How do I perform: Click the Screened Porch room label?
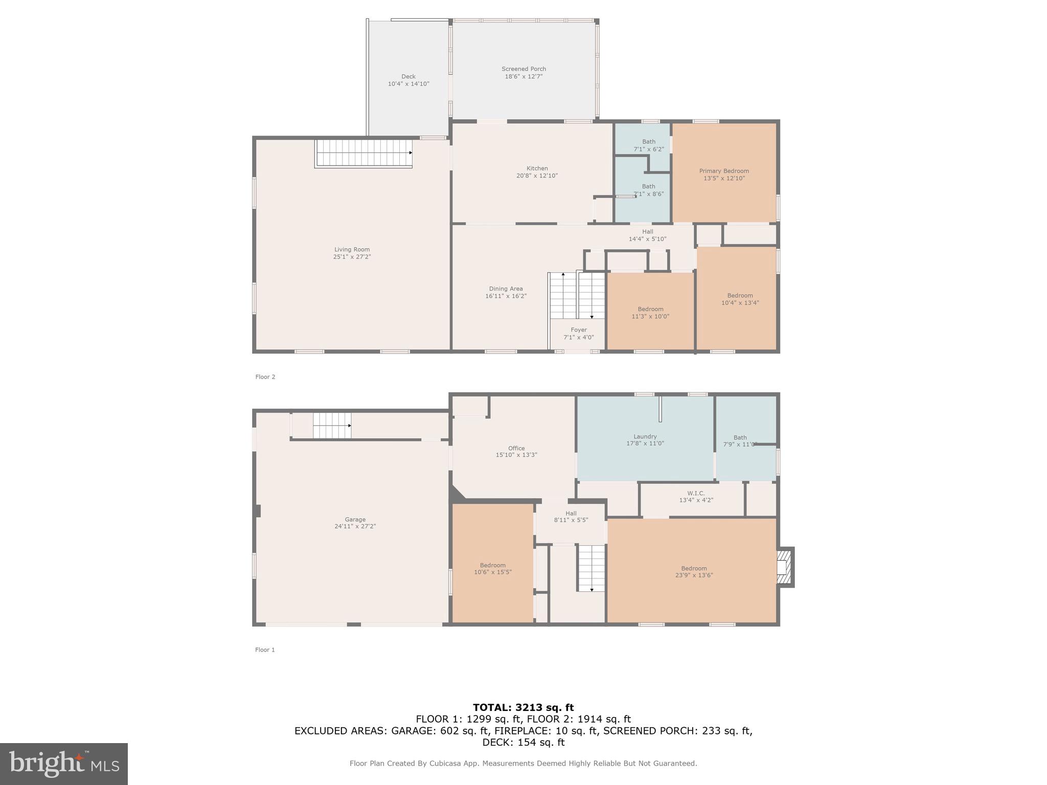pos(523,69)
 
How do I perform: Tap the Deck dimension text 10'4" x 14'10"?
pos(408,84)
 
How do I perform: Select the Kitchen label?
pos(537,168)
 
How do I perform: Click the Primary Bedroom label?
pos(724,171)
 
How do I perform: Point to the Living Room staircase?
pos(363,153)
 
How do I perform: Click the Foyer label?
pos(579,330)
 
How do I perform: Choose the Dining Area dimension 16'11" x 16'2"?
pos(506,296)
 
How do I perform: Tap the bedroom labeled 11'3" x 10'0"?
pos(650,313)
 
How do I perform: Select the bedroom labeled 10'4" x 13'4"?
pos(740,299)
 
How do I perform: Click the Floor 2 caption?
pos(265,377)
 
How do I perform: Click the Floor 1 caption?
pos(265,650)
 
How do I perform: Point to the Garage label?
pos(355,519)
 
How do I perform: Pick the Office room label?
pos(516,448)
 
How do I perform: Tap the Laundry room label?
pos(645,436)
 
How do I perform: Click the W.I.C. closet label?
pos(696,493)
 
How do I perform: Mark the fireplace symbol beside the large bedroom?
pos(785,567)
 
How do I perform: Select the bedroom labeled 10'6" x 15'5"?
pos(492,568)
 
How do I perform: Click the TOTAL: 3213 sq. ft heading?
pos(523,707)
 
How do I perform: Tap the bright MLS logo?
pos(64,764)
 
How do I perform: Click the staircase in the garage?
pos(332,426)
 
